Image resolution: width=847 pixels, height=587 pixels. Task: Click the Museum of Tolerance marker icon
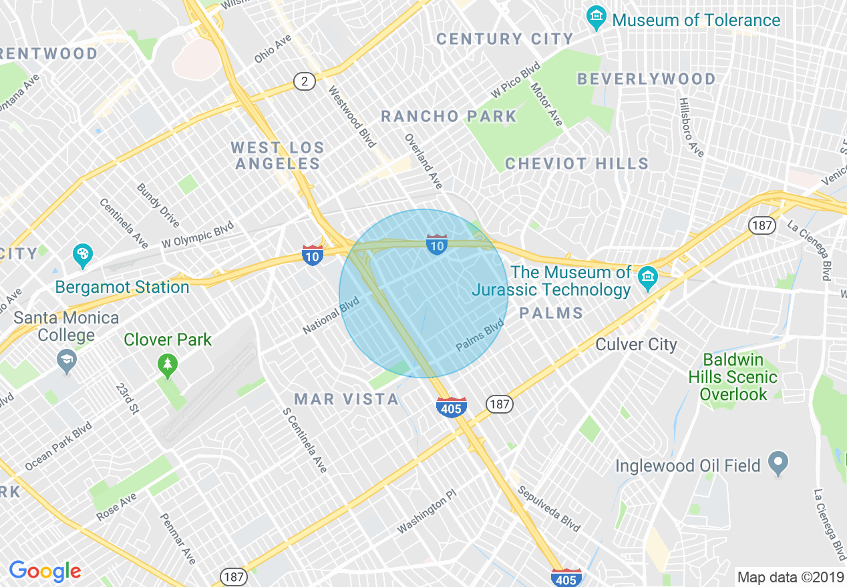point(596,18)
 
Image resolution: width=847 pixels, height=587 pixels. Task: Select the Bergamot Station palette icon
point(83,255)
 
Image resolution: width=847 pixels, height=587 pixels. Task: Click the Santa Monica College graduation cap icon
point(66,361)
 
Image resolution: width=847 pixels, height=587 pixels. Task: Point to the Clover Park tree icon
point(167,364)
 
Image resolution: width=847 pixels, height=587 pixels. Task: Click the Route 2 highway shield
point(304,82)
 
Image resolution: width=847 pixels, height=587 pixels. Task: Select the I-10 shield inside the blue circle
point(437,245)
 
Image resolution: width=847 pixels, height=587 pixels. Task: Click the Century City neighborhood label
point(505,39)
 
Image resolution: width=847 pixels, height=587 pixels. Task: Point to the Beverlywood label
point(646,79)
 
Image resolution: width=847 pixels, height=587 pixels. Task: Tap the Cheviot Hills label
point(576,164)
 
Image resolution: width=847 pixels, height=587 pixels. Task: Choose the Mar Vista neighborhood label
point(347,400)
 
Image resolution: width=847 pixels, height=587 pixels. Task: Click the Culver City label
point(636,345)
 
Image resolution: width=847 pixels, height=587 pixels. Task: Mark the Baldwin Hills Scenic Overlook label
point(733,377)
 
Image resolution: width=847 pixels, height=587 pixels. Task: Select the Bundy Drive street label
point(158,205)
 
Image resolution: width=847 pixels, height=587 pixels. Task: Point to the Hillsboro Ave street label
point(691,127)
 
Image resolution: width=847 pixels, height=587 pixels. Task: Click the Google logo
point(45,571)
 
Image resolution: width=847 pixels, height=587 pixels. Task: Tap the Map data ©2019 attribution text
point(789,577)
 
